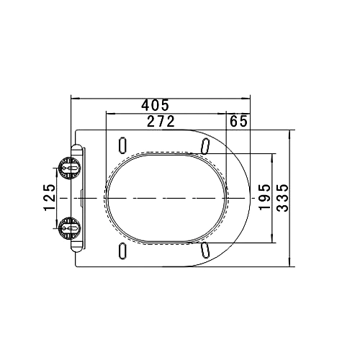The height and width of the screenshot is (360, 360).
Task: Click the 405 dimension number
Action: tap(155, 105)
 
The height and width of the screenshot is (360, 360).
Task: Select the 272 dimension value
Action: tap(161, 121)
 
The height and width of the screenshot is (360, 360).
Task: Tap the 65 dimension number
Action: tap(238, 121)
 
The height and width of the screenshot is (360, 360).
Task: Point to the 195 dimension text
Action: tap(265, 197)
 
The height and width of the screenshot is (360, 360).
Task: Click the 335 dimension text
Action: tap(282, 198)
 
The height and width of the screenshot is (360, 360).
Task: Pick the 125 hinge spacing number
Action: tap(50, 197)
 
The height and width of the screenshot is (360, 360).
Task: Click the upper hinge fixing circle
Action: tap(70, 168)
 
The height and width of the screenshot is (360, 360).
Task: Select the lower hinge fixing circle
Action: tap(70, 228)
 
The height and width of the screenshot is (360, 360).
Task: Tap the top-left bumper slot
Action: tap(122, 145)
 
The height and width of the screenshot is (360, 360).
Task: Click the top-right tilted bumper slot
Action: tap(205, 145)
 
